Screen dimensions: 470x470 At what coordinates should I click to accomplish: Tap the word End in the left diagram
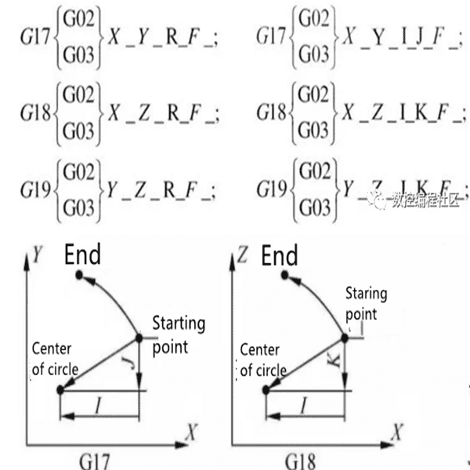click(82, 255)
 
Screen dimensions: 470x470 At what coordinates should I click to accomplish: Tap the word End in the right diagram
click(279, 255)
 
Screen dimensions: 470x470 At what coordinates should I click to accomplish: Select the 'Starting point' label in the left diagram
click(178, 334)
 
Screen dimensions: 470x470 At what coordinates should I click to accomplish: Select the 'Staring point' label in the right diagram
click(367, 303)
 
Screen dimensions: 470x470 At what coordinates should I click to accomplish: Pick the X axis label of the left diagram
click(191, 430)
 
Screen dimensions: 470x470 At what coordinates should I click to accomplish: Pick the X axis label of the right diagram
click(396, 430)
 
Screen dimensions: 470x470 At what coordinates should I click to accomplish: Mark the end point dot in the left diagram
click(78, 273)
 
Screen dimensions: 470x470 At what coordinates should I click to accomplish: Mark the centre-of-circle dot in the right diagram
click(267, 389)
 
